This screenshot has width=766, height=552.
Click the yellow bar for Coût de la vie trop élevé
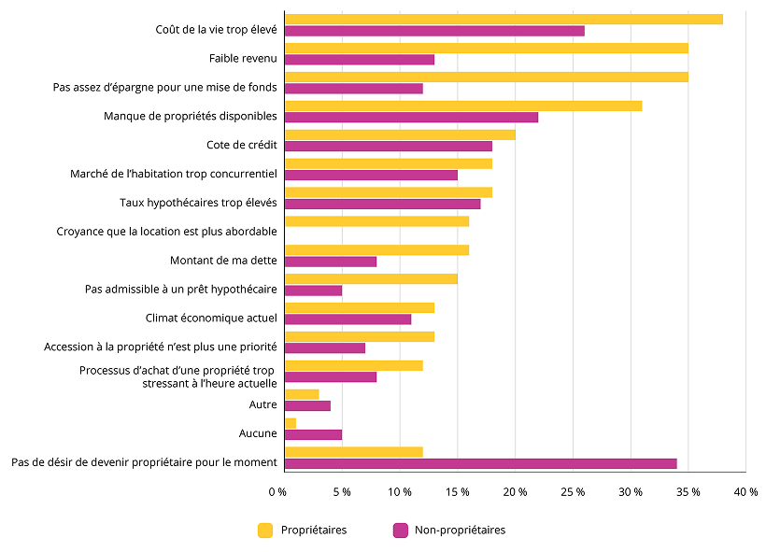click(504, 20)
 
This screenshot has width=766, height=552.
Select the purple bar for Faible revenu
click(360, 60)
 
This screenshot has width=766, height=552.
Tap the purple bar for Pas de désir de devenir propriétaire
click(480, 463)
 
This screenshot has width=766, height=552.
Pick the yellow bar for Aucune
click(291, 423)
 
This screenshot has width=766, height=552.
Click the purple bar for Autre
click(307, 405)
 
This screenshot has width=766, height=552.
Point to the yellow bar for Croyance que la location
click(376, 221)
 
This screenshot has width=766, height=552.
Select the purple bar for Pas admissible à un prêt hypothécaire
click(313, 290)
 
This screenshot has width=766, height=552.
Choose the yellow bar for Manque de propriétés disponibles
click(463, 106)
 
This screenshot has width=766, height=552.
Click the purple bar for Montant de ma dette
click(331, 262)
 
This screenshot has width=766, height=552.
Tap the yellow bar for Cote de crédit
click(400, 134)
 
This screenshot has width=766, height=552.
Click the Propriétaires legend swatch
click(265, 531)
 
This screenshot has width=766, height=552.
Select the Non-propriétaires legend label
click(460, 531)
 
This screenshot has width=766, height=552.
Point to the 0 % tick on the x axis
click(277, 491)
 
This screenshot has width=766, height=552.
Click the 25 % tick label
click(573, 491)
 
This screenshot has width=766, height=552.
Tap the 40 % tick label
click(745, 491)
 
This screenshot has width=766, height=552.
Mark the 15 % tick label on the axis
click(457, 491)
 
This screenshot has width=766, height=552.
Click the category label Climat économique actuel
click(211, 318)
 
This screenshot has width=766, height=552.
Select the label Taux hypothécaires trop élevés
click(198, 203)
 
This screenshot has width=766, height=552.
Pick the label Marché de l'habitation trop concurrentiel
click(174, 174)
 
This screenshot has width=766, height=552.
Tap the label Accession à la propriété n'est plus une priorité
click(160, 347)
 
